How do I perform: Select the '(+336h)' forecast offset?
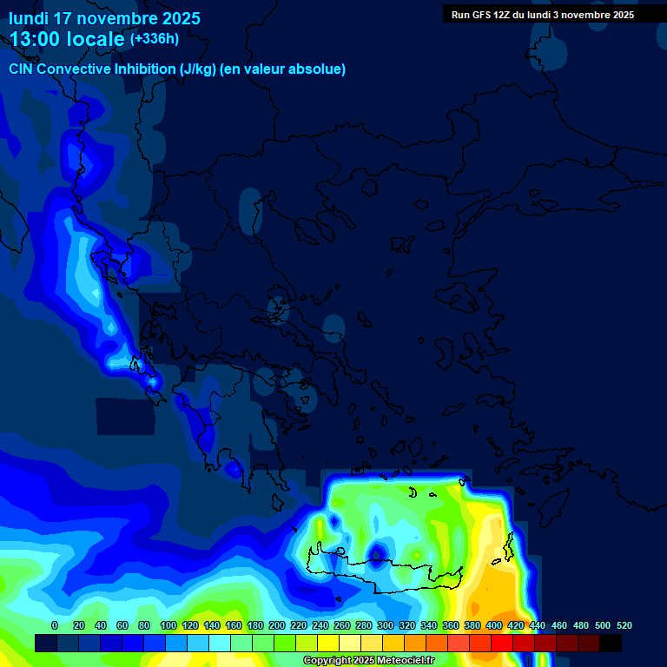[x=154, y=39]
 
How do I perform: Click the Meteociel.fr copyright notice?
[x=368, y=661]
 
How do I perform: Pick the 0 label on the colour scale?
[x=55, y=625]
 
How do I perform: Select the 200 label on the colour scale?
[x=277, y=625]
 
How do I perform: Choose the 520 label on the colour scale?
[x=624, y=625]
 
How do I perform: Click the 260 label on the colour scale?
[x=342, y=625]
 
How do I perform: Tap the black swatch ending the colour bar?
[x=611, y=643]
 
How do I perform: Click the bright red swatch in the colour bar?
[x=502, y=643]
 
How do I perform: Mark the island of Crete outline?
[x=391, y=574]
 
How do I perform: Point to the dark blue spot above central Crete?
[x=378, y=553]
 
